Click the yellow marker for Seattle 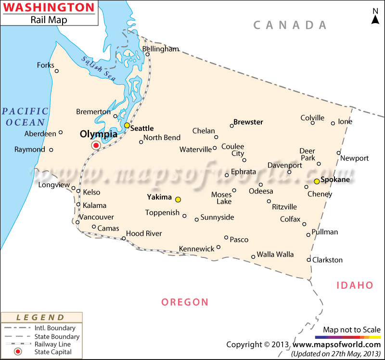coord(127,125)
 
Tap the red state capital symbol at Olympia coord(96,145)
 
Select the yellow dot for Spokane coord(317,181)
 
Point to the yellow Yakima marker coord(178,199)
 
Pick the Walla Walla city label coord(275,254)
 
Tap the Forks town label coord(46,65)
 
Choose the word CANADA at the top coord(290,25)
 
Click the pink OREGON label coord(185,302)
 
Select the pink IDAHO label coord(355,285)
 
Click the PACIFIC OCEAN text coord(25,117)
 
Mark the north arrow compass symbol coord(375,16)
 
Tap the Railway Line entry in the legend coord(52,344)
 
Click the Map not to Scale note coord(351,330)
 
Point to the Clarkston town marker coord(309,260)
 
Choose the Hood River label coord(144,233)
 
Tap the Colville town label coord(312,118)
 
